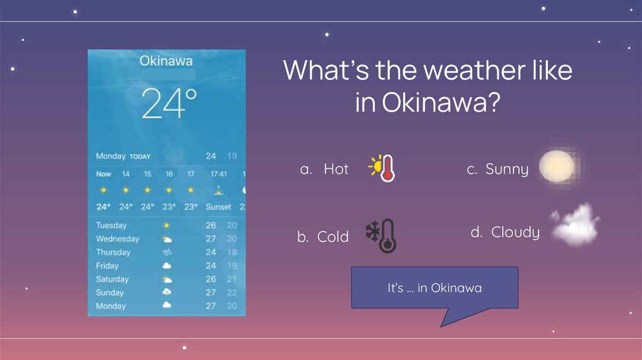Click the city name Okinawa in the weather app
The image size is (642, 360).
pyautogui.click(x=166, y=61)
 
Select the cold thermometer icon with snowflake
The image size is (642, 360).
pyautogui.click(x=381, y=236)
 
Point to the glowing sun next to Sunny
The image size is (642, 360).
pyautogui.click(x=556, y=166)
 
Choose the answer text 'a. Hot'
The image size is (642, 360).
pyautogui.click(x=324, y=169)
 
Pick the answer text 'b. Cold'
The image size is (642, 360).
pyautogui.click(x=323, y=237)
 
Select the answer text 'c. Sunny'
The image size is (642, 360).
pyautogui.click(x=498, y=169)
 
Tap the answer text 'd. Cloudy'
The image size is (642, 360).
pyautogui.click(x=505, y=233)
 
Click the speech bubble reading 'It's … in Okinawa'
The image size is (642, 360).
pyautogui.click(x=434, y=288)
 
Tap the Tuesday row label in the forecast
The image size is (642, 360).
pyautogui.click(x=111, y=225)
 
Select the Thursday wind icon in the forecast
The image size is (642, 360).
pyautogui.click(x=167, y=253)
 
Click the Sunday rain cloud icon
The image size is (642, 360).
pyautogui.click(x=167, y=292)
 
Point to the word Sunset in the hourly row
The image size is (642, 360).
pyautogui.click(x=219, y=207)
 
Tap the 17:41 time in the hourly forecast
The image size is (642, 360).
pyautogui.click(x=219, y=174)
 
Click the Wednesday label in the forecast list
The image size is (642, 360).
pyautogui.click(x=117, y=239)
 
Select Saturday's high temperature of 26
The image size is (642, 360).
pyautogui.click(x=211, y=279)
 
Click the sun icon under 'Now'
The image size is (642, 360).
pyautogui.click(x=103, y=190)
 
